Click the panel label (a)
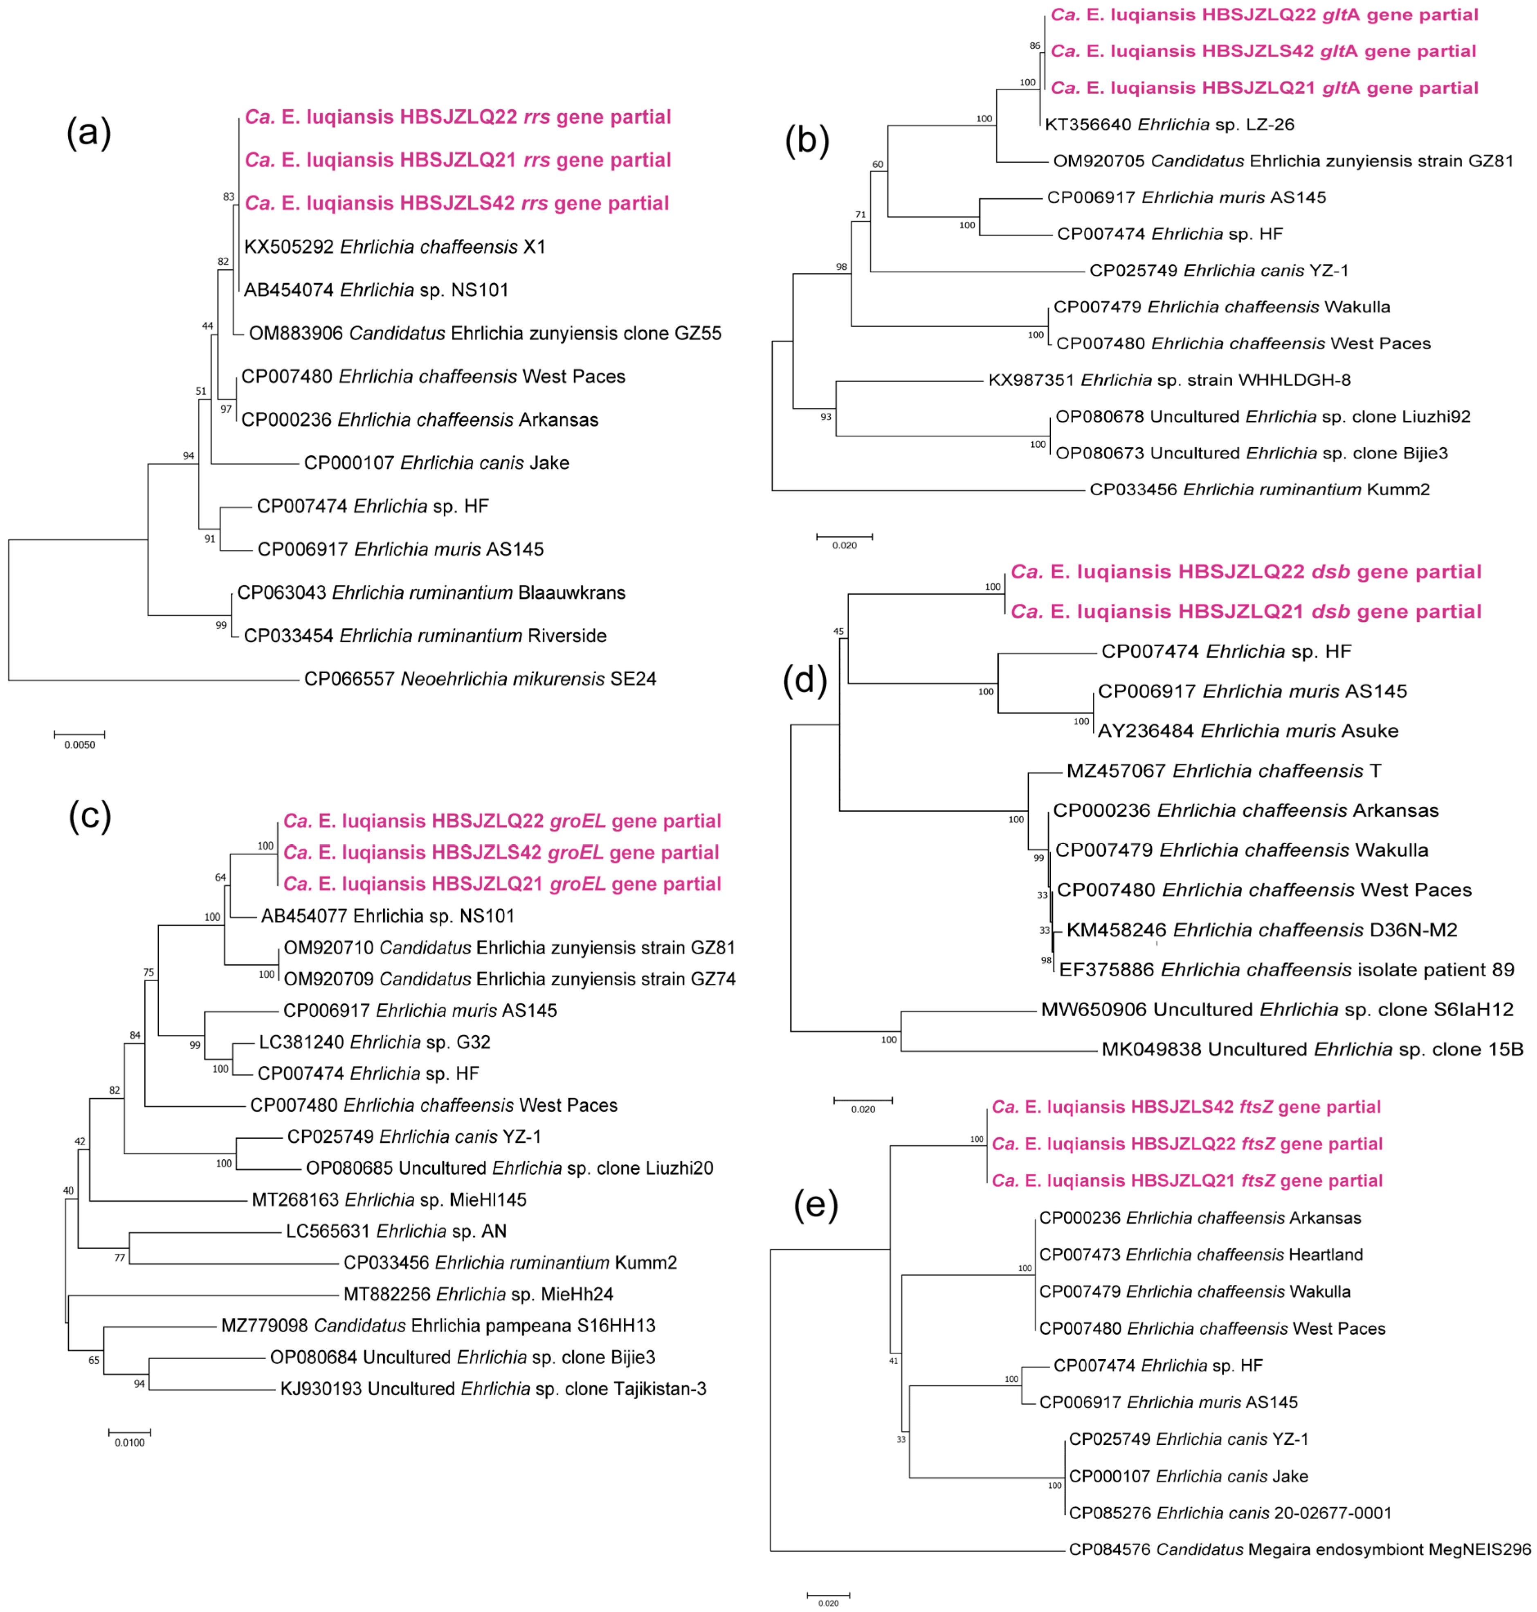click(88, 133)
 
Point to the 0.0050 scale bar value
click(79, 745)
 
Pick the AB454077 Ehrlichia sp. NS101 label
click(388, 916)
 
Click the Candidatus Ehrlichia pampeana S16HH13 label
click(438, 1326)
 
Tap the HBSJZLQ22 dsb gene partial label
click(1245, 572)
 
